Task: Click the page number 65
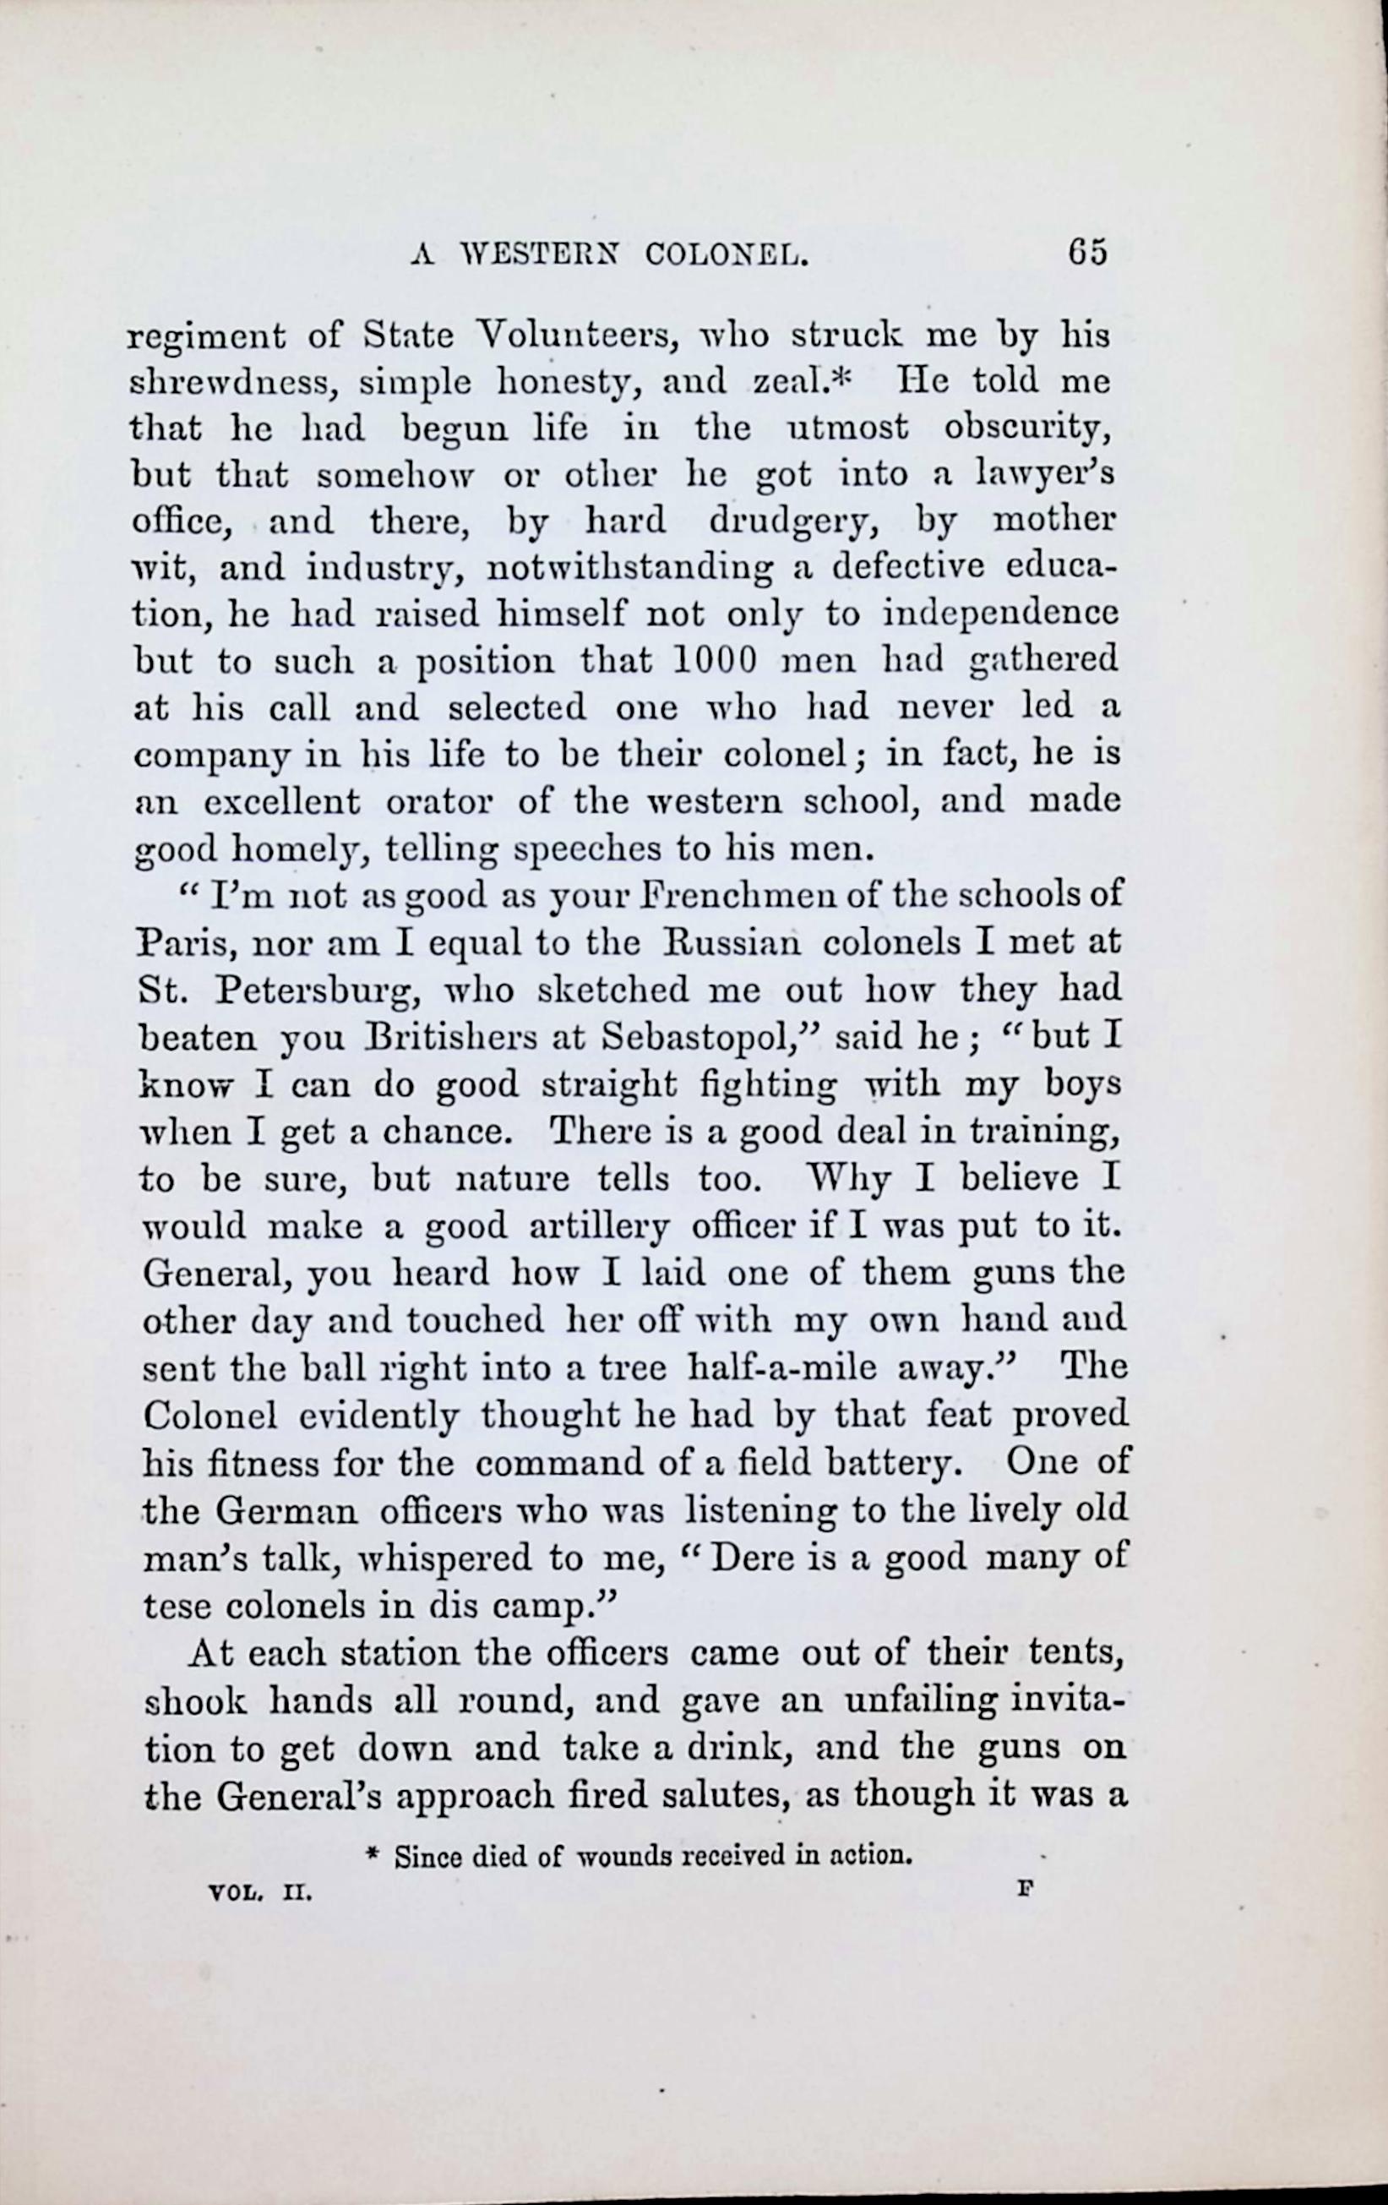pos(1086,252)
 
